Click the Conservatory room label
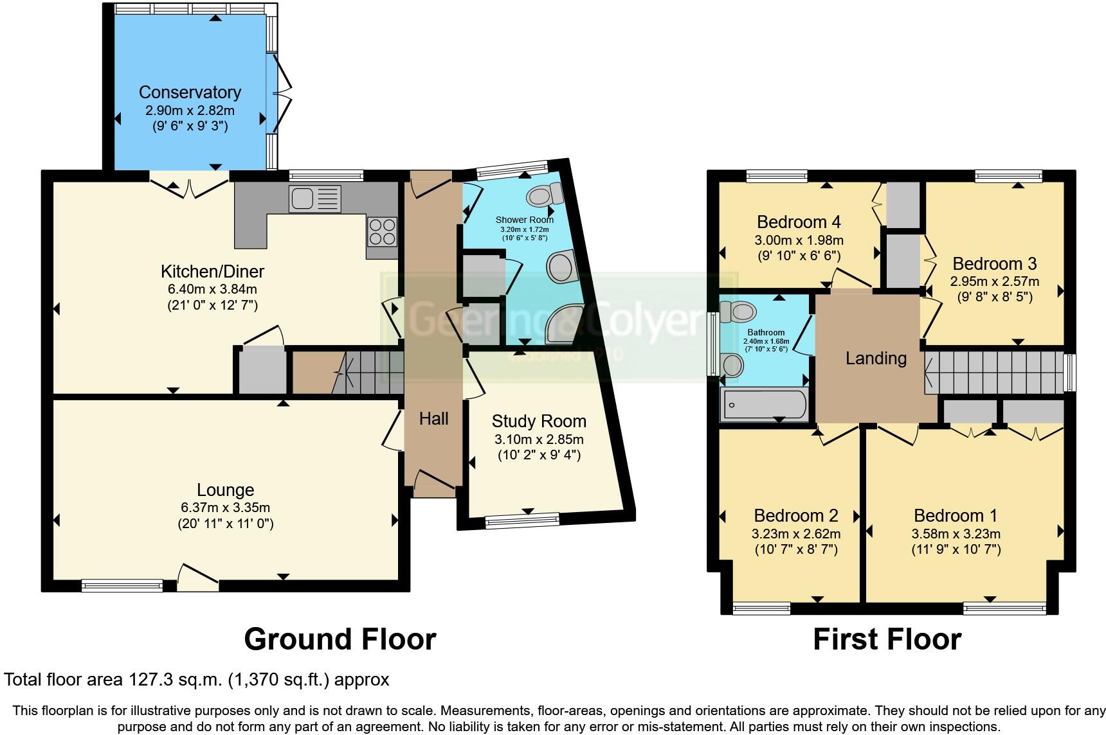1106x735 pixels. click(x=190, y=93)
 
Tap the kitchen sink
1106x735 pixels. click(x=314, y=199)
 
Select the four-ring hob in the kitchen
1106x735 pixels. click(x=381, y=232)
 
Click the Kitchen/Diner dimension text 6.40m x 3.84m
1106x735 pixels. click(x=212, y=289)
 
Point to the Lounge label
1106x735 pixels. click(x=225, y=490)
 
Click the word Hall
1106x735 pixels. click(x=433, y=420)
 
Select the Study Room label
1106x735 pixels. click(x=539, y=421)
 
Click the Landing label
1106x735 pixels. click(x=876, y=359)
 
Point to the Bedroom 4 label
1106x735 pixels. click(x=799, y=222)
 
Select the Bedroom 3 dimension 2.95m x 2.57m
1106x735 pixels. click(x=994, y=281)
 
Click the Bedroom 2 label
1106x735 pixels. click(x=796, y=516)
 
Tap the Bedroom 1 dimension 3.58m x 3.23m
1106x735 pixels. click(x=956, y=533)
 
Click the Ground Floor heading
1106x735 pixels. click(x=340, y=639)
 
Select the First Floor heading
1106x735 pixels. click(x=887, y=639)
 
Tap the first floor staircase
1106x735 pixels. click(x=994, y=372)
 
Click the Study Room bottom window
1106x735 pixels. click(x=522, y=520)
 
